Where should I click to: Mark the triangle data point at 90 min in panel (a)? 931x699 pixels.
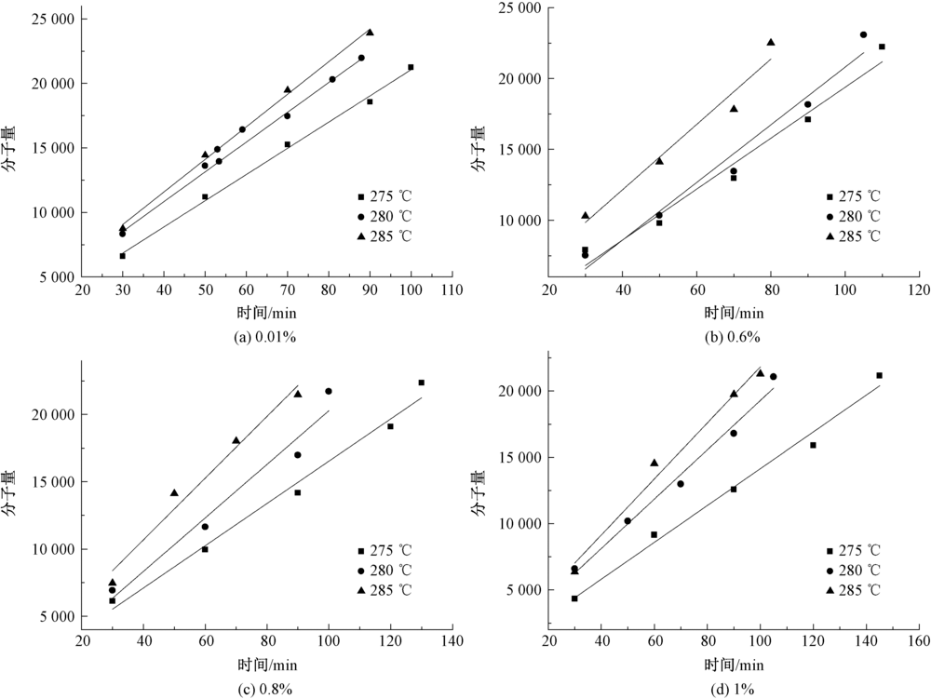[370, 32]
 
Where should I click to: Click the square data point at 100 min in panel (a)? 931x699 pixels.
[411, 67]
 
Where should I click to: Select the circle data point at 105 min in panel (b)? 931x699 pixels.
[863, 34]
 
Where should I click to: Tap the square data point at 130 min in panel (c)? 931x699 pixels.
[421, 383]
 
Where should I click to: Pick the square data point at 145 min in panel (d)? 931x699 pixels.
[879, 375]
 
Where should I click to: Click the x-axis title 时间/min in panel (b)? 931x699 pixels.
[735, 313]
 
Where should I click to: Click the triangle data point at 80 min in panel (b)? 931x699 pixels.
[771, 42]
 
